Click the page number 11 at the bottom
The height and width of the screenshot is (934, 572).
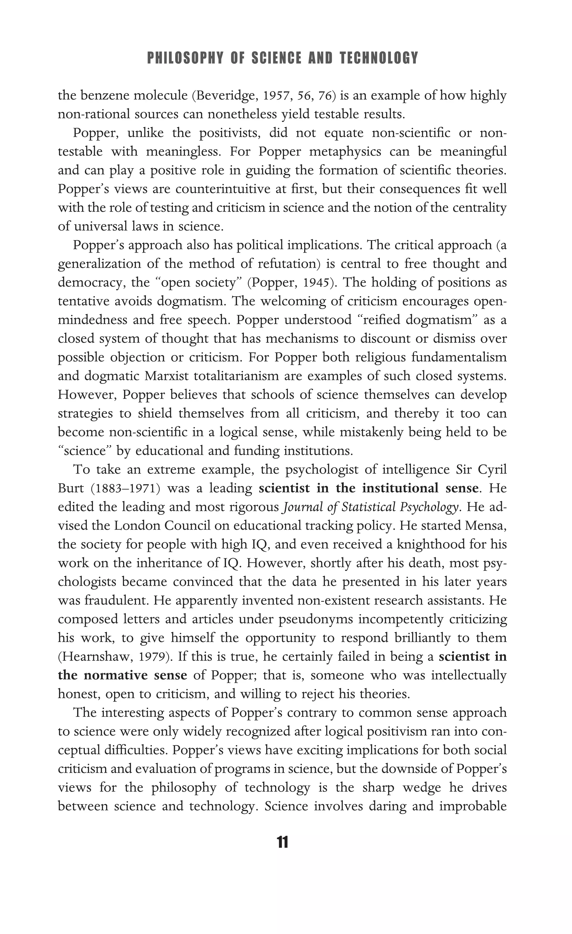283,842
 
